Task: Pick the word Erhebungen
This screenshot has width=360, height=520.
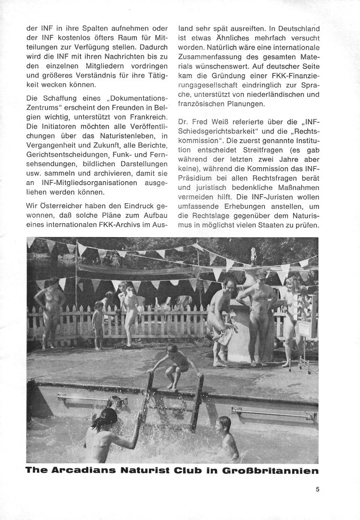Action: (x=242, y=204)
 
